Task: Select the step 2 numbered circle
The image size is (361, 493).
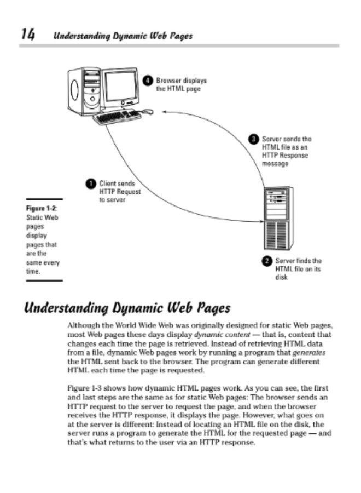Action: pyautogui.click(x=267, y=261)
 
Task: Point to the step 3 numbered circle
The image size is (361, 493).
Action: pyautogui.click(x=254, y=139)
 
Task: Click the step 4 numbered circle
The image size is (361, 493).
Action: pyautogui.click(x=148, y=81)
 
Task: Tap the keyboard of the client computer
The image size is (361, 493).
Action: pyautogui.click(x=117, y=117)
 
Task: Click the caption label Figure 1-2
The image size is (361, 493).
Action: pyautogui.click(x=42, y=209)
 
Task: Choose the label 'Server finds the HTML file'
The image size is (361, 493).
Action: pyautogui.click(x=298, y=269)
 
